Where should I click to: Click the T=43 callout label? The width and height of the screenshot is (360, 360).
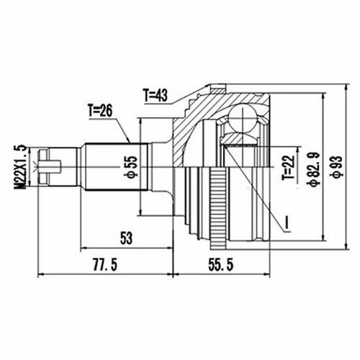[x=156, y=95]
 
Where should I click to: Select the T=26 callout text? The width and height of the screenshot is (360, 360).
[x=100, y=111]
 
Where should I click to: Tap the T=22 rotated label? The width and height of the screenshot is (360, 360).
[x=288, y=168]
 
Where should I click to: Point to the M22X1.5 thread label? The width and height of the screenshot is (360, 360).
[x=22, y=166]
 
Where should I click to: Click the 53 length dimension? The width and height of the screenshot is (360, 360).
[x=126, y=238]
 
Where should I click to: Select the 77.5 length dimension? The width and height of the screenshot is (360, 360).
[x=105, y=265]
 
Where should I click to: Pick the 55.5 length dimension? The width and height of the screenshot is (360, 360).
[x=221, y=265]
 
